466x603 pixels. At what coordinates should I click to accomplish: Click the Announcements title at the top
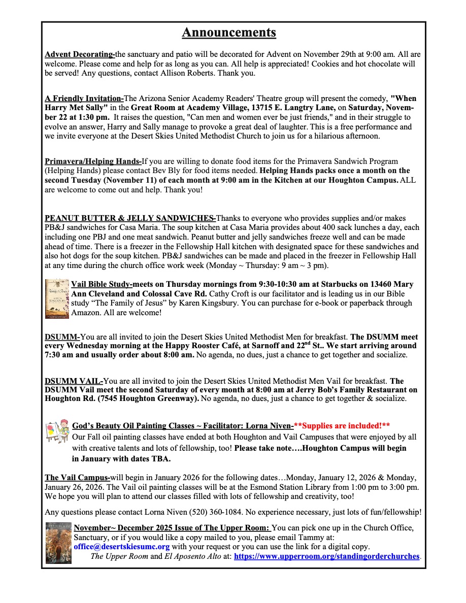(x=229, y=32)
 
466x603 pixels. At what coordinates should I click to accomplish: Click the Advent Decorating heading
(x=80, y=54)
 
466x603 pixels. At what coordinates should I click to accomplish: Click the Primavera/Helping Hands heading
(x=93, y=161)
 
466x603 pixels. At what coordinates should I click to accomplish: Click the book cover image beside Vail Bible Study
(x=56, y=298)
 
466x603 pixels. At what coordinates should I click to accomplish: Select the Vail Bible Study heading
(x=102, y=284)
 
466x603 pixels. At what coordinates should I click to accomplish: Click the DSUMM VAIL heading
(x=74, y=381)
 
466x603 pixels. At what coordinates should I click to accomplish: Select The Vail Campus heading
(x=77, y=478)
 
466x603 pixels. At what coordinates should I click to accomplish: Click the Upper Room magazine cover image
(x=58, y=543)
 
